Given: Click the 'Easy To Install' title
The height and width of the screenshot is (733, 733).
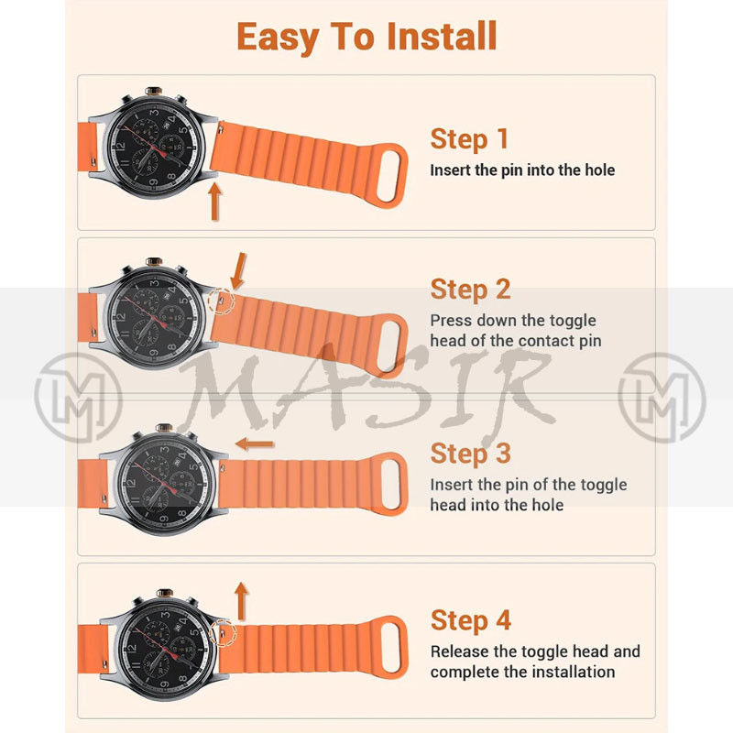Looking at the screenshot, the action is coord(366,38).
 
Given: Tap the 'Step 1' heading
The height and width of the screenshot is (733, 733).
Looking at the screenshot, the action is coord(469,139).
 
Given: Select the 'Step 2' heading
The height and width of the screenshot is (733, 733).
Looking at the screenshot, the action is coord(470,290).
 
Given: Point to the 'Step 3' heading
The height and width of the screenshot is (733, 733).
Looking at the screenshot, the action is coord(470,454).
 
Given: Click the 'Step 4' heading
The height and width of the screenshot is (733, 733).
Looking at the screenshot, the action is coord(471,620).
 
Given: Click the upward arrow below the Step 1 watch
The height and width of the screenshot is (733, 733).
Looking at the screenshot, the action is coord(214,201).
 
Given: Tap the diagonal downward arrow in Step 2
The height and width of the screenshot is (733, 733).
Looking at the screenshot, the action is coord(239,271).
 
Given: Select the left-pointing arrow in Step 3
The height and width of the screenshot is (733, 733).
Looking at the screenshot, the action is coord(255,443).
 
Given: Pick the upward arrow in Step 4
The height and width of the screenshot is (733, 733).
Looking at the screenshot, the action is coord(241,602).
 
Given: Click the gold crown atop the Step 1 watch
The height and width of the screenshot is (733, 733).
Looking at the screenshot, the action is coord(153,91).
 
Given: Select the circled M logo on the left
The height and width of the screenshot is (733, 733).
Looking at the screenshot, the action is coord(78,398).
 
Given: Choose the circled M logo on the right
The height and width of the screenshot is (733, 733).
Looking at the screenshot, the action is coord(662,398).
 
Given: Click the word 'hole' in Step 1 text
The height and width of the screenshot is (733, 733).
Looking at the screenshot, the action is coord(600,170).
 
